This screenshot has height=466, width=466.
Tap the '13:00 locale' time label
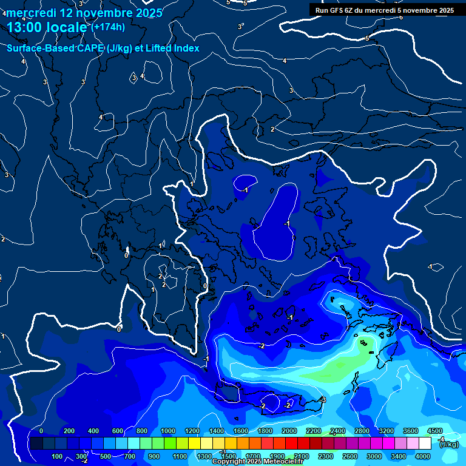tap(47, 27)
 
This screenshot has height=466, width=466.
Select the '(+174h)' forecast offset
tap(108, 27)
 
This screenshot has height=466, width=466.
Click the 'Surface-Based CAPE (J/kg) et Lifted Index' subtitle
tap(103, 48)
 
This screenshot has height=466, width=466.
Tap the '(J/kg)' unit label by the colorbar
tap(449, 444)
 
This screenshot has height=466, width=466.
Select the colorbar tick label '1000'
tap(168, 431)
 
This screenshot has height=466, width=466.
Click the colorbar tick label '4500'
tap(434, 431)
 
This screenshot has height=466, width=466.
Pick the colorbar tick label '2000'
tap(289, 431)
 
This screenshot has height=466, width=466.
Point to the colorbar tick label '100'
tap(58, 456)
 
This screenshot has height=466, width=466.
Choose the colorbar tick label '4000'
tap(423, 456)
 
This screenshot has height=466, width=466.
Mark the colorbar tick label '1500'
tap(228, 456)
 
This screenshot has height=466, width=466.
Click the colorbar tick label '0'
tap(41, 431)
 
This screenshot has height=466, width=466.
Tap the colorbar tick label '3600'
tap(411, 431)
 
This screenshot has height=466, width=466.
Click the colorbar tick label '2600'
tap(350, 456)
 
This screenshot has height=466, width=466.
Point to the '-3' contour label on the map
tap(323, 400)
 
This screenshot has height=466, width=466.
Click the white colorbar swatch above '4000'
tap(425, 444)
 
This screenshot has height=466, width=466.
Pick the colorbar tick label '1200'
tap(192, 431)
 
